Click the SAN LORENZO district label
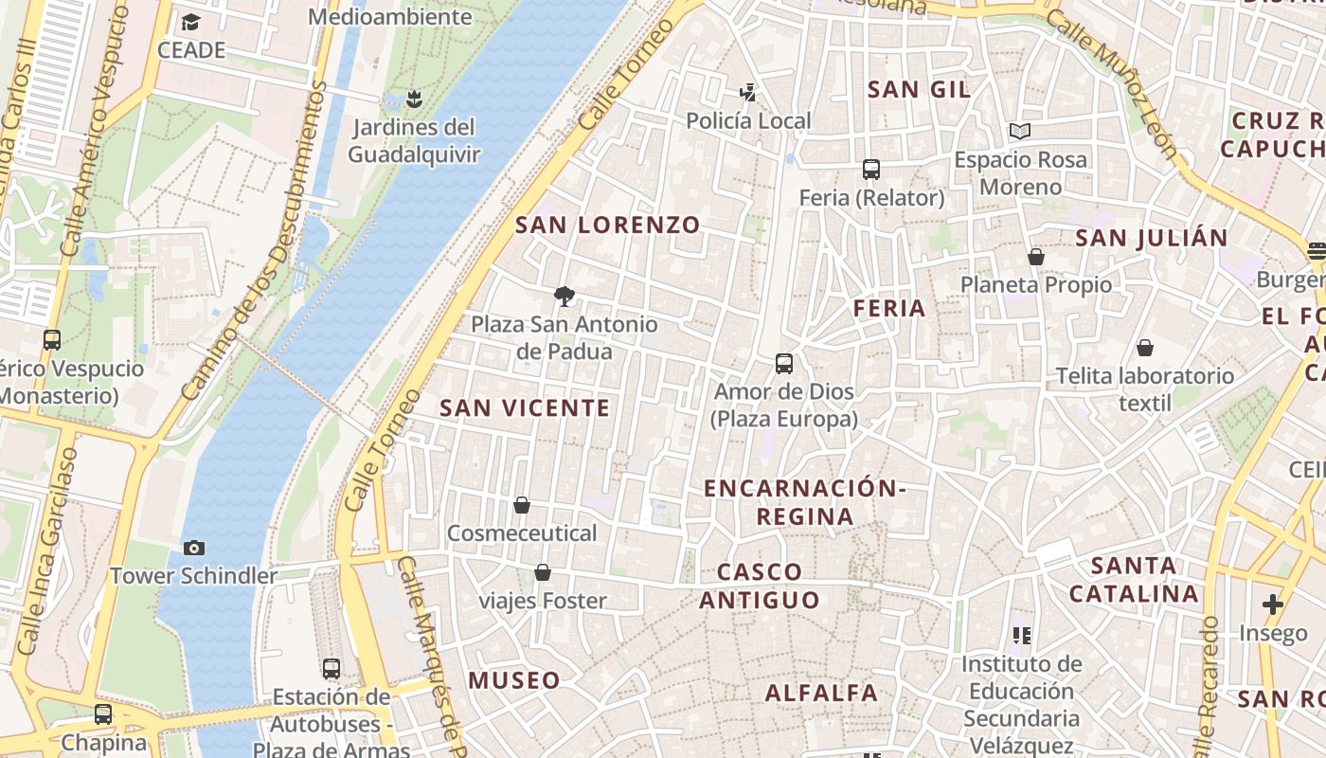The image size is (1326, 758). pos(607,225)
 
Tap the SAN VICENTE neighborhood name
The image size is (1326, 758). pos(525,408)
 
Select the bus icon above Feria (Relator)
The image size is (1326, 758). pos(871,170)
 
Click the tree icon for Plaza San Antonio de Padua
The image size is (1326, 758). pos(564,296)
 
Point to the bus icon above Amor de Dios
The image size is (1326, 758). pos(784,363)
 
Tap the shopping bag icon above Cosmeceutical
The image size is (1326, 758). pos(521,505)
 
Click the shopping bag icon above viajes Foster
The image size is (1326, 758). pos(543,572)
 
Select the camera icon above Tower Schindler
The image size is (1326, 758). pos(194,548)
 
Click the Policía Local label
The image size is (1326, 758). pos(748,120)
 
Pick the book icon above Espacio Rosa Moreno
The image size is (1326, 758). pos(1020,131)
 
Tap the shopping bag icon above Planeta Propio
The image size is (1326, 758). pos(1036,257)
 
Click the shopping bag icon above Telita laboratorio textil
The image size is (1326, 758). pos(1145,348)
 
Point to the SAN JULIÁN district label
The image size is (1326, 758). pos(1151,237)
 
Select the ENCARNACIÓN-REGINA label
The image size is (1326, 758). pos(805,502)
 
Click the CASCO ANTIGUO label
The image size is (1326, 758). pos(760,586)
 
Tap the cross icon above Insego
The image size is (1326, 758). pos(1273,604)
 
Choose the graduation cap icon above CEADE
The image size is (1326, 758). pos(191,22)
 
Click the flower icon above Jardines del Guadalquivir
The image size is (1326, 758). pos(413,98)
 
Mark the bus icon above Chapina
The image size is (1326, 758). pos(103,714)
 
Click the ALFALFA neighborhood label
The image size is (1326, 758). pos(821,693)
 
